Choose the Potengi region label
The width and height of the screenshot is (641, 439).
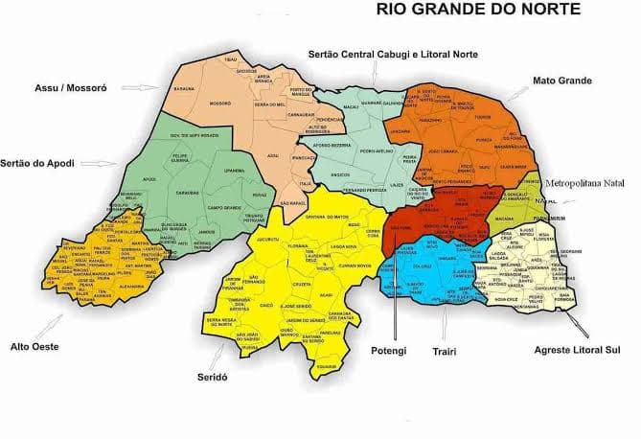pos(391,351)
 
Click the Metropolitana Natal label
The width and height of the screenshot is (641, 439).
pos(585,182)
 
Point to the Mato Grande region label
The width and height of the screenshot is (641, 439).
pos(560,81)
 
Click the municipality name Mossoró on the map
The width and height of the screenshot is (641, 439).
pos(219,103)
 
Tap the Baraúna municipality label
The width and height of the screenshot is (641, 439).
pos(184,88)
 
